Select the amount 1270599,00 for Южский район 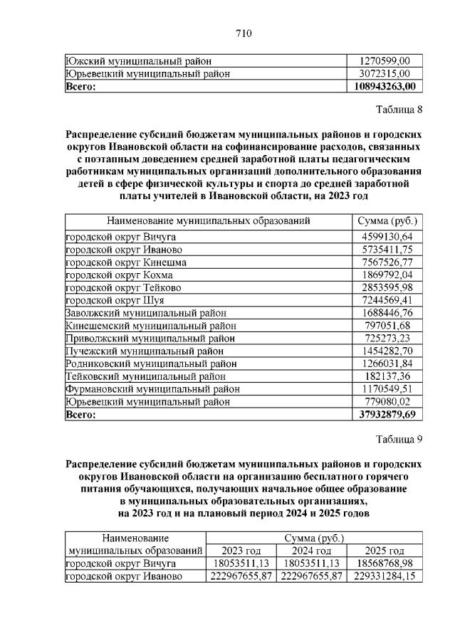click(x=387, y=60)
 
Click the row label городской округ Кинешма click(x=126, y=262)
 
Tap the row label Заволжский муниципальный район click(x=145, y=313)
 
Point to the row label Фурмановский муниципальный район click(x=152, y=389)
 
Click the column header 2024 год click(x=313, y=551)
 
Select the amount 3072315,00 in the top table click(x=387, y=73)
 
